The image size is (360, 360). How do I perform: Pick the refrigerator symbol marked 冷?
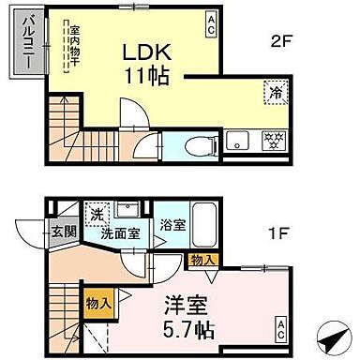point(277,93)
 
